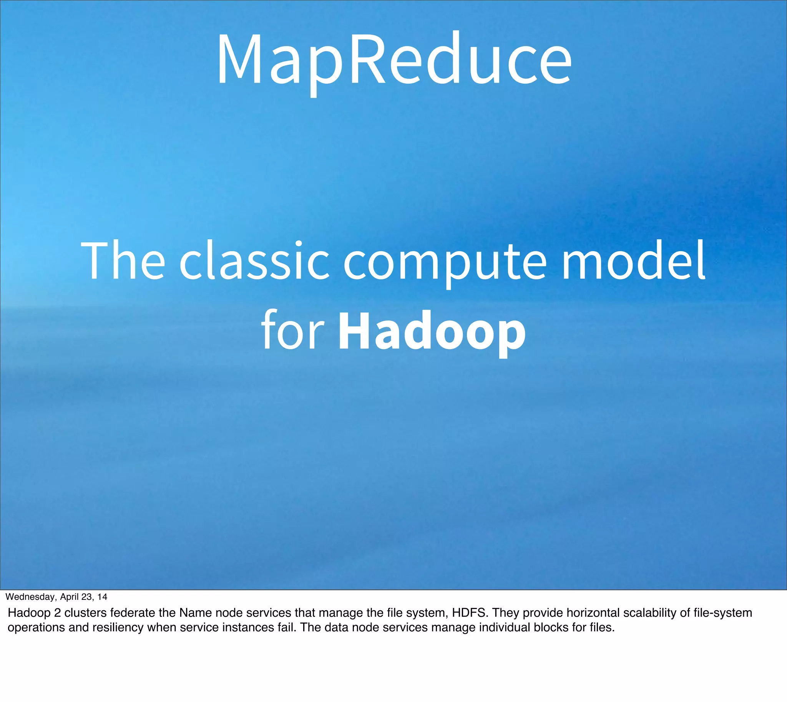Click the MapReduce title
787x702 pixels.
tap(394, 60)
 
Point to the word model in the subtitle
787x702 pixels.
tap(633, 260)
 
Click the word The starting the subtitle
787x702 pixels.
tap(123, 260)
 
